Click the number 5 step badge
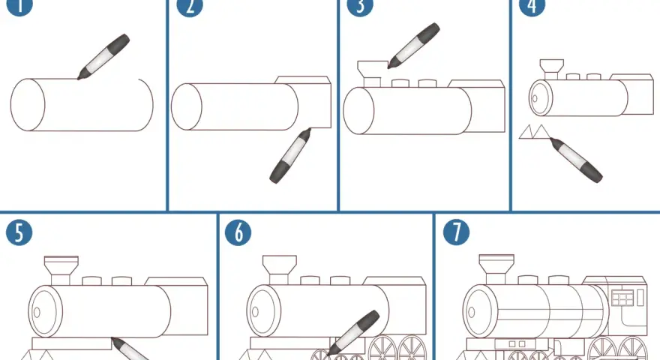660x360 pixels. (19, 232)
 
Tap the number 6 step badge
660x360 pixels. (238, 232)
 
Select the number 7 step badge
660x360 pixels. (457, 232)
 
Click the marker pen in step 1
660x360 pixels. (103, 57)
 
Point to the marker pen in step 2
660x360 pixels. (290, 155)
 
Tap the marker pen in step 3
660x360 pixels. (414, 46)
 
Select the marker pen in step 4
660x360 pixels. (576, 160)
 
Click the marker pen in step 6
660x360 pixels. (352, 333)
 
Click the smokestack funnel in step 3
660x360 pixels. (372, 73)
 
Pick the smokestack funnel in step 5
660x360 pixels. (61, 270)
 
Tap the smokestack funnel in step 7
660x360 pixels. (496, 269)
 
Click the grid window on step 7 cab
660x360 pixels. (622, 297)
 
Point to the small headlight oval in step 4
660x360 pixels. (535, 99)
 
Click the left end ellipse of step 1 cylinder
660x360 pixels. (27, 105)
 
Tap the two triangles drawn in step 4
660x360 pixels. (535, 131)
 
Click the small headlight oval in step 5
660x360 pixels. (37, 313)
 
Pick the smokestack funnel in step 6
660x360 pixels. (280, 270)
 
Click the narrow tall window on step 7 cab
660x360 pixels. (640, 297)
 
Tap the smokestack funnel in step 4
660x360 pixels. (552, 70)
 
